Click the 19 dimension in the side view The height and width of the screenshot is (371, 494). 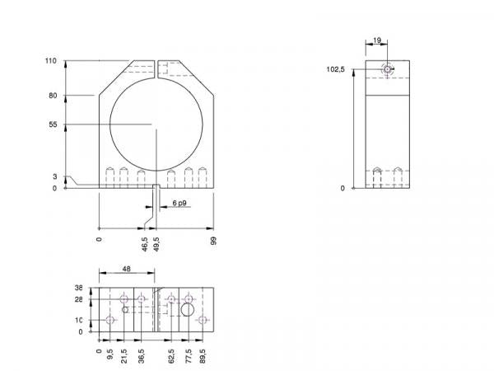tap(376, 39)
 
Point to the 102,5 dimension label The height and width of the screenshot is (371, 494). tap(335, 70)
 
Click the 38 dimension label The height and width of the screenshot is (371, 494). tap(79, 289)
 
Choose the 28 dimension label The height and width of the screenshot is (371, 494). tap(79, 299)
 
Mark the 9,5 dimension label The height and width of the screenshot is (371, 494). tap(110, 357)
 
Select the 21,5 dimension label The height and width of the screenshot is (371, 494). tap(124, 359)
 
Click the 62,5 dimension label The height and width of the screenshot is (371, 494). tap(170, 359)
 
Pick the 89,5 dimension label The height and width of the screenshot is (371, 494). tap(203, 359)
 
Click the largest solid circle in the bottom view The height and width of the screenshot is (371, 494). tap(188, 310)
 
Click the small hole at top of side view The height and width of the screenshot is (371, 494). tap(388, 69)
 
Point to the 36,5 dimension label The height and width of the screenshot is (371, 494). tap(142, 359)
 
